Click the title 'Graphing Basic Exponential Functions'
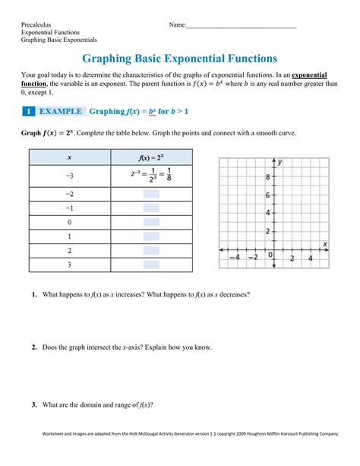click(x=179, y=58)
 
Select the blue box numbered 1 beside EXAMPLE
click(x=28, y=112)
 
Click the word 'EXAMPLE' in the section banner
click(x=60, y=112)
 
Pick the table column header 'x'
click(x=69, y=157)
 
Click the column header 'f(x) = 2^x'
click(x=151, y=157)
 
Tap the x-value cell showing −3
click(x=69, y=176)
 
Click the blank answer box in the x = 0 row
click(x=151, y=222)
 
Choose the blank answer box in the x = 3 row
click(x=151, y=265)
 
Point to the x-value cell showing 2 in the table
click(x=69, y=250)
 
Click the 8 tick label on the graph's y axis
click(x=267, y=177)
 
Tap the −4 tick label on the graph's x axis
click(x=235, y=258)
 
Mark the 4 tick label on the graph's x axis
click(x=311, y=258)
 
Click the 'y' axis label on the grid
click(x=280, y=162)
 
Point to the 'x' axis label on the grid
click(x=324, y=244)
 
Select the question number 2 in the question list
click(x=35, y=347)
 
